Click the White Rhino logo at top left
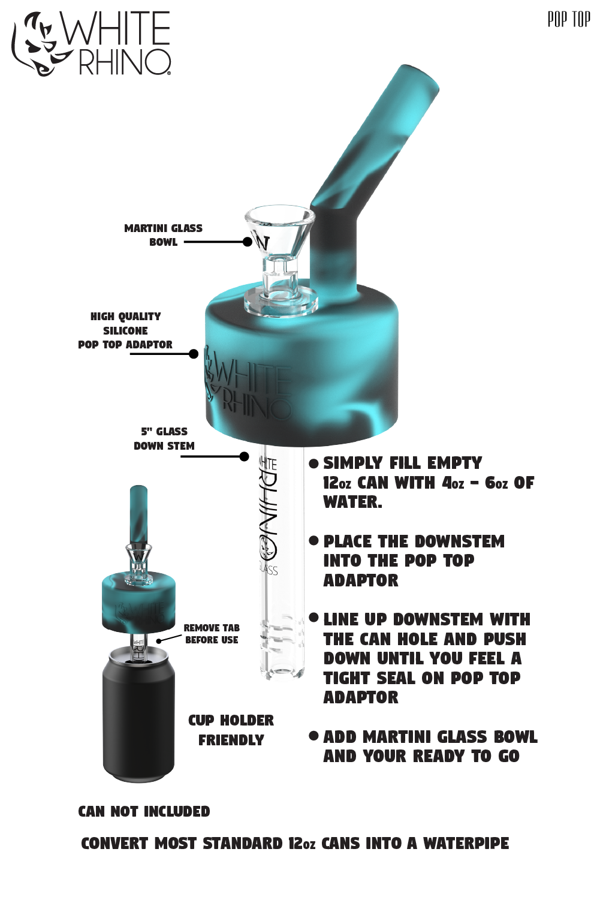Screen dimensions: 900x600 (91, 44)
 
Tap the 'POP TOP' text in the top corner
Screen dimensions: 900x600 (568, 20)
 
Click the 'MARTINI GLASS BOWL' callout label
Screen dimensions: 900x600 (163, 235)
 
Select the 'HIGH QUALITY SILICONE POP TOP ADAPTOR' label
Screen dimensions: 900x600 (125, 330)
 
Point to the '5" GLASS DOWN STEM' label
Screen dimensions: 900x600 (164, 438)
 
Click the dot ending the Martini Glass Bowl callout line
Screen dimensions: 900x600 (248, 242)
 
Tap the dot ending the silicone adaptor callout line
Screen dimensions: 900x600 (194, 354)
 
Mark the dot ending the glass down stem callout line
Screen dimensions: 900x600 (244, 457)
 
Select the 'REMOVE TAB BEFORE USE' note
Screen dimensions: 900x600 (212, 634)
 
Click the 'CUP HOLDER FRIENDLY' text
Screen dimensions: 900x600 (231, 730)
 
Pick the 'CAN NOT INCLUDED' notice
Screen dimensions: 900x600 (144, 811)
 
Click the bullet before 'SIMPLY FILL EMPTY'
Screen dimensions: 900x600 (313, 463)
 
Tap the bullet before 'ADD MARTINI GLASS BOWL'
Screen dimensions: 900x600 (313, 736)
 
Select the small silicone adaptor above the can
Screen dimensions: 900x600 (138, 601)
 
